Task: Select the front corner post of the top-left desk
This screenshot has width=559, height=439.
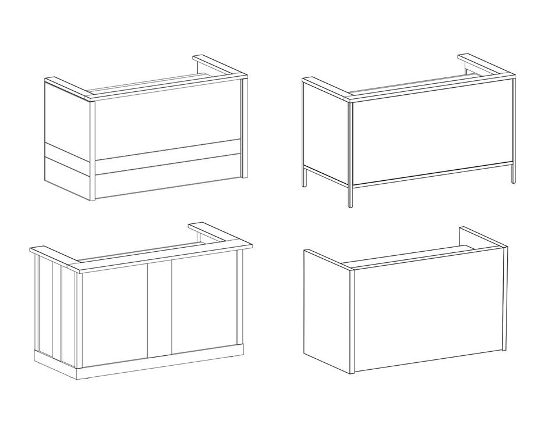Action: point(93,151)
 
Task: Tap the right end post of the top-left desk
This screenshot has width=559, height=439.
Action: point(245,128)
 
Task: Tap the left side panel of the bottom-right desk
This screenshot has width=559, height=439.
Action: point(326,311)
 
